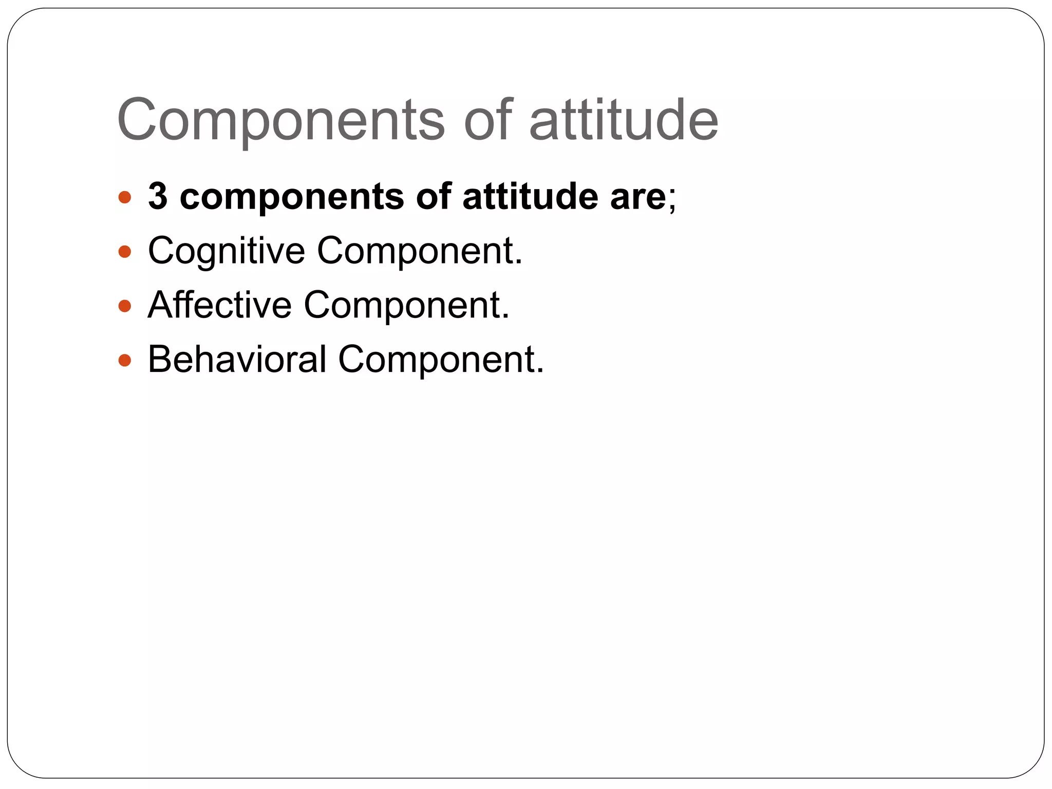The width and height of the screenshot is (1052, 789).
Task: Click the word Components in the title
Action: coord(280,120)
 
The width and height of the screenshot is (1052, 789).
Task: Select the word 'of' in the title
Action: coord(488,120)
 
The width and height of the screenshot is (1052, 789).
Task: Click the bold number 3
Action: coord(158,196)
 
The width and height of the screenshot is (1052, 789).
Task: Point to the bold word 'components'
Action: coord(292,197)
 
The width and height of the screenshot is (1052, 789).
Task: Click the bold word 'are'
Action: coord(638,197)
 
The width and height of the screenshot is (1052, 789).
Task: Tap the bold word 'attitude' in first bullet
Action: coord(530,196)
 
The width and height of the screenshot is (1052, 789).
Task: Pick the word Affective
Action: coord(219,305)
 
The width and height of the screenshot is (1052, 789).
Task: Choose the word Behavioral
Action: coord(237,359)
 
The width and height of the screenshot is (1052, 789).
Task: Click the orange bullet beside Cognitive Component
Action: coord(125,252)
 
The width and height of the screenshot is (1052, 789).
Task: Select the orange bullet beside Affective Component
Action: coord(125,307)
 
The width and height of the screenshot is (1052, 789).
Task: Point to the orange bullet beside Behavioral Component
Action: coord(125,361)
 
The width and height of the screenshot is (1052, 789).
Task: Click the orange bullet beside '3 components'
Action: coord(125,197)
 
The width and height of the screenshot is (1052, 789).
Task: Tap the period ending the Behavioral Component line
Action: coord(540,371)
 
